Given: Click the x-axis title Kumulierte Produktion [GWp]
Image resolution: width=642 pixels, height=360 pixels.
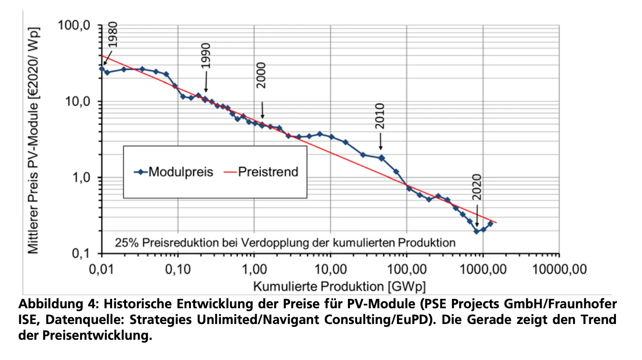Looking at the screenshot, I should click(339, 286).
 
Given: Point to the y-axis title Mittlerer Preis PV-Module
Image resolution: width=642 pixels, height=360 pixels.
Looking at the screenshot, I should click(33, 139).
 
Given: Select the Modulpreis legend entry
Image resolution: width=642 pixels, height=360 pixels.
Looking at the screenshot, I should click(173, 171).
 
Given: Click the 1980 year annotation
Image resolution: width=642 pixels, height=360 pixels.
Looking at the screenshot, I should click(113, 36).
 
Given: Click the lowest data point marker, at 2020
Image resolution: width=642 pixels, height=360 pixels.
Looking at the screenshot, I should click(476, 231).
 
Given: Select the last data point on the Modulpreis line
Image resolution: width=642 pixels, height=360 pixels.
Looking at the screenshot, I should click(490, 223).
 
